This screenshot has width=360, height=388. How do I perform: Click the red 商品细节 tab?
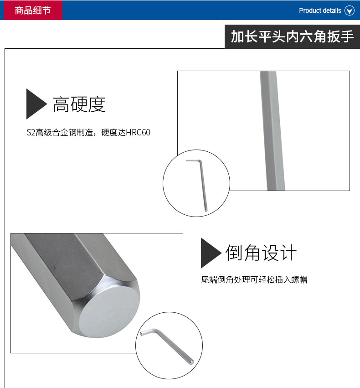[x=33, y=10]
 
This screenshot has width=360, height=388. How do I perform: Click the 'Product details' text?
[x=320, y=10]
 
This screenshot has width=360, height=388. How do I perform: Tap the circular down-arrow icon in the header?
[x=350, y=10]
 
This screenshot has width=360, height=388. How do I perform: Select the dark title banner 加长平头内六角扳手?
[x=292, y=36]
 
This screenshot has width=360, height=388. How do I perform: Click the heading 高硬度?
[x=79, y=104]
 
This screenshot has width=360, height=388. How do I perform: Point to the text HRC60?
[x=138, y=133]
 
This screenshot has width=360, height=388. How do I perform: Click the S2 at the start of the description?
[x=31, y=133]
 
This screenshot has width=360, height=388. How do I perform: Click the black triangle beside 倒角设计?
[x=211, y=253]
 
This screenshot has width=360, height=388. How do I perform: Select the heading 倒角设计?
[x=261, y=253]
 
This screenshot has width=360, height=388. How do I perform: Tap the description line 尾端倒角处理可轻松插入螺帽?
[x=254, y=279]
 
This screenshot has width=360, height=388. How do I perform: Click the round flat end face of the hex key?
[x=110, y=312]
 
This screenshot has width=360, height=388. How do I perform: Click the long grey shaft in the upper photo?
[x=272, y=131]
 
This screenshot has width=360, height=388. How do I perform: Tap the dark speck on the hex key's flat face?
[x=54, y=268]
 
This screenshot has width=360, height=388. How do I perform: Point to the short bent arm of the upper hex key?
[x=193, y=160]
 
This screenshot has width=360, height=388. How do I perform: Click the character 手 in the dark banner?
[x=347, y=36]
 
